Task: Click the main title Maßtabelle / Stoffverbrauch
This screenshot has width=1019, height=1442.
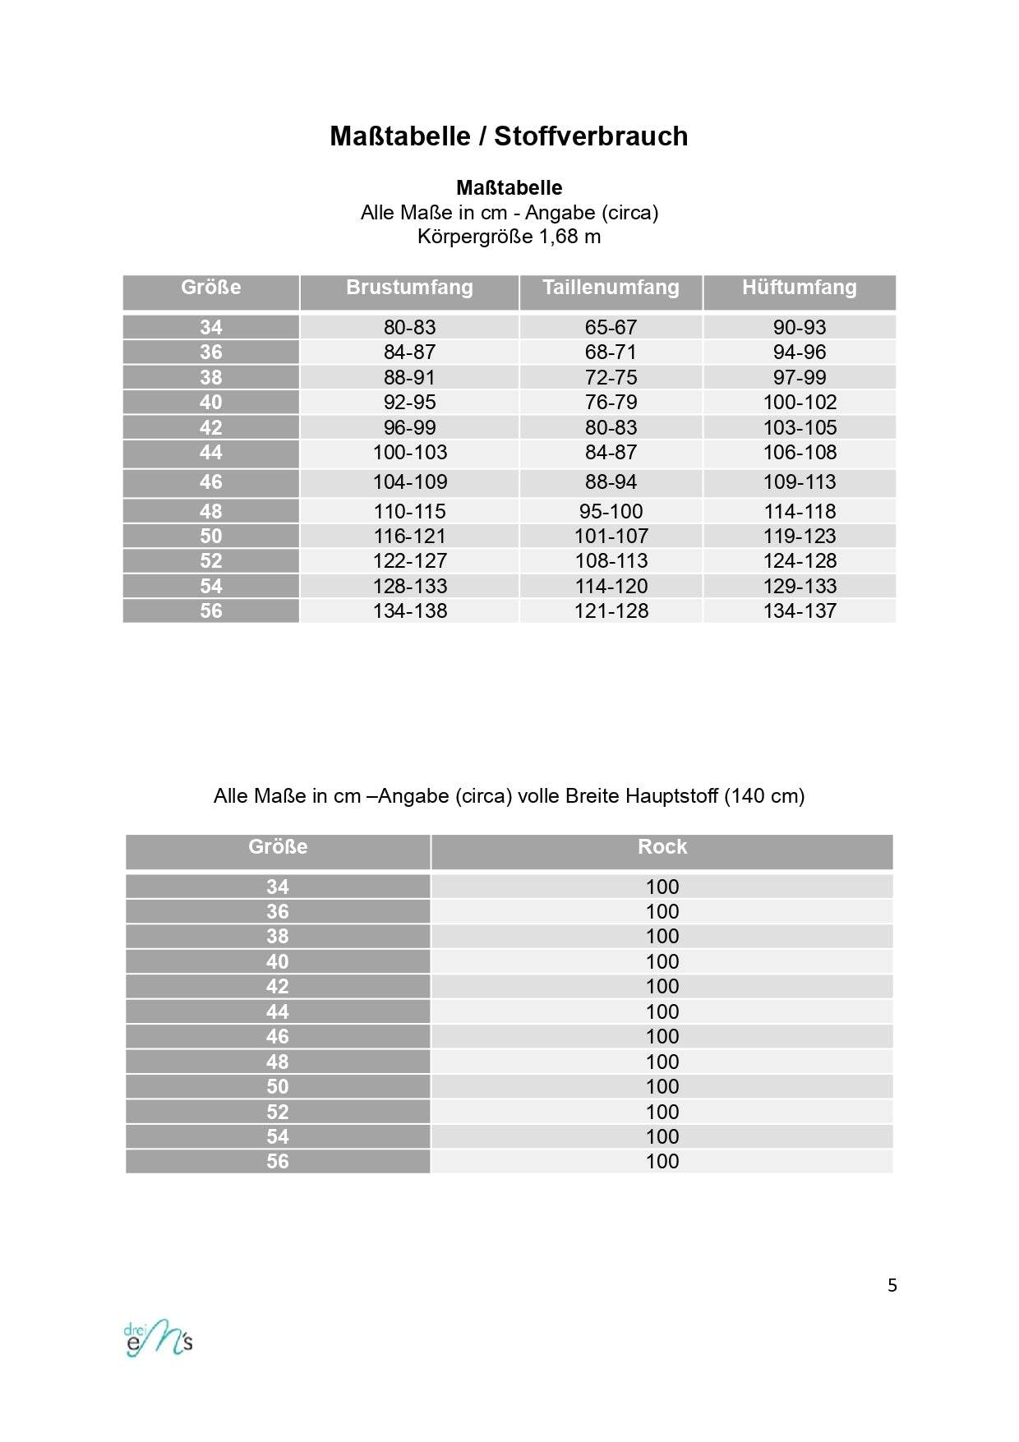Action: click(509, 136)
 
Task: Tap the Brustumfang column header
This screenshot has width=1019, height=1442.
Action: click(409, 288)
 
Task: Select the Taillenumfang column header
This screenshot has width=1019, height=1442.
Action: click(611, 288)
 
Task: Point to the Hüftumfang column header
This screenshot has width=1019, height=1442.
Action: click(799, 288)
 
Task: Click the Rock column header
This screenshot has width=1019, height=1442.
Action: click(662, 847)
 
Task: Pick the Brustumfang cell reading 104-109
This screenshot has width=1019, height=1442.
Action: click(409, 482)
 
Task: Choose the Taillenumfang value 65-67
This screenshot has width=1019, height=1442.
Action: click(611, 327)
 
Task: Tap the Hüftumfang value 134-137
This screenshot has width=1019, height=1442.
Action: click(799, 611)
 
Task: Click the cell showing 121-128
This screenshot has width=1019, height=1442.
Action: click(611, 611)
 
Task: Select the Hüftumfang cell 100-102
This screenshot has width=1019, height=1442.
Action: click(799, 403)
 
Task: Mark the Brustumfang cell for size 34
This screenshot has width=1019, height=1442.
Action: click(409, 327)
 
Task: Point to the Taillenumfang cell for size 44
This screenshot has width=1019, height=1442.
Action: click(611, 453)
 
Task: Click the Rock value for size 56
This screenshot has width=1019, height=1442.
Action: click(662, 1162)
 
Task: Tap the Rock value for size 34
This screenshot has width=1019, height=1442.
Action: click(662, 887)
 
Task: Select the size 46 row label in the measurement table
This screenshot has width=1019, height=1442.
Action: click(211, 482)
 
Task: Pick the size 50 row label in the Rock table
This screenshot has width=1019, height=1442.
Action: click(278, 1087)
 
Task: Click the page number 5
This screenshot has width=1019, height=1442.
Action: click(892, 1286)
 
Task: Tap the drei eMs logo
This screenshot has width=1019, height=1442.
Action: click(159, 1339)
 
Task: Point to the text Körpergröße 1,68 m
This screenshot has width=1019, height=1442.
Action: click(509, 237)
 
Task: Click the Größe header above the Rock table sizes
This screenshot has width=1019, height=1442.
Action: click(278, 847)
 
